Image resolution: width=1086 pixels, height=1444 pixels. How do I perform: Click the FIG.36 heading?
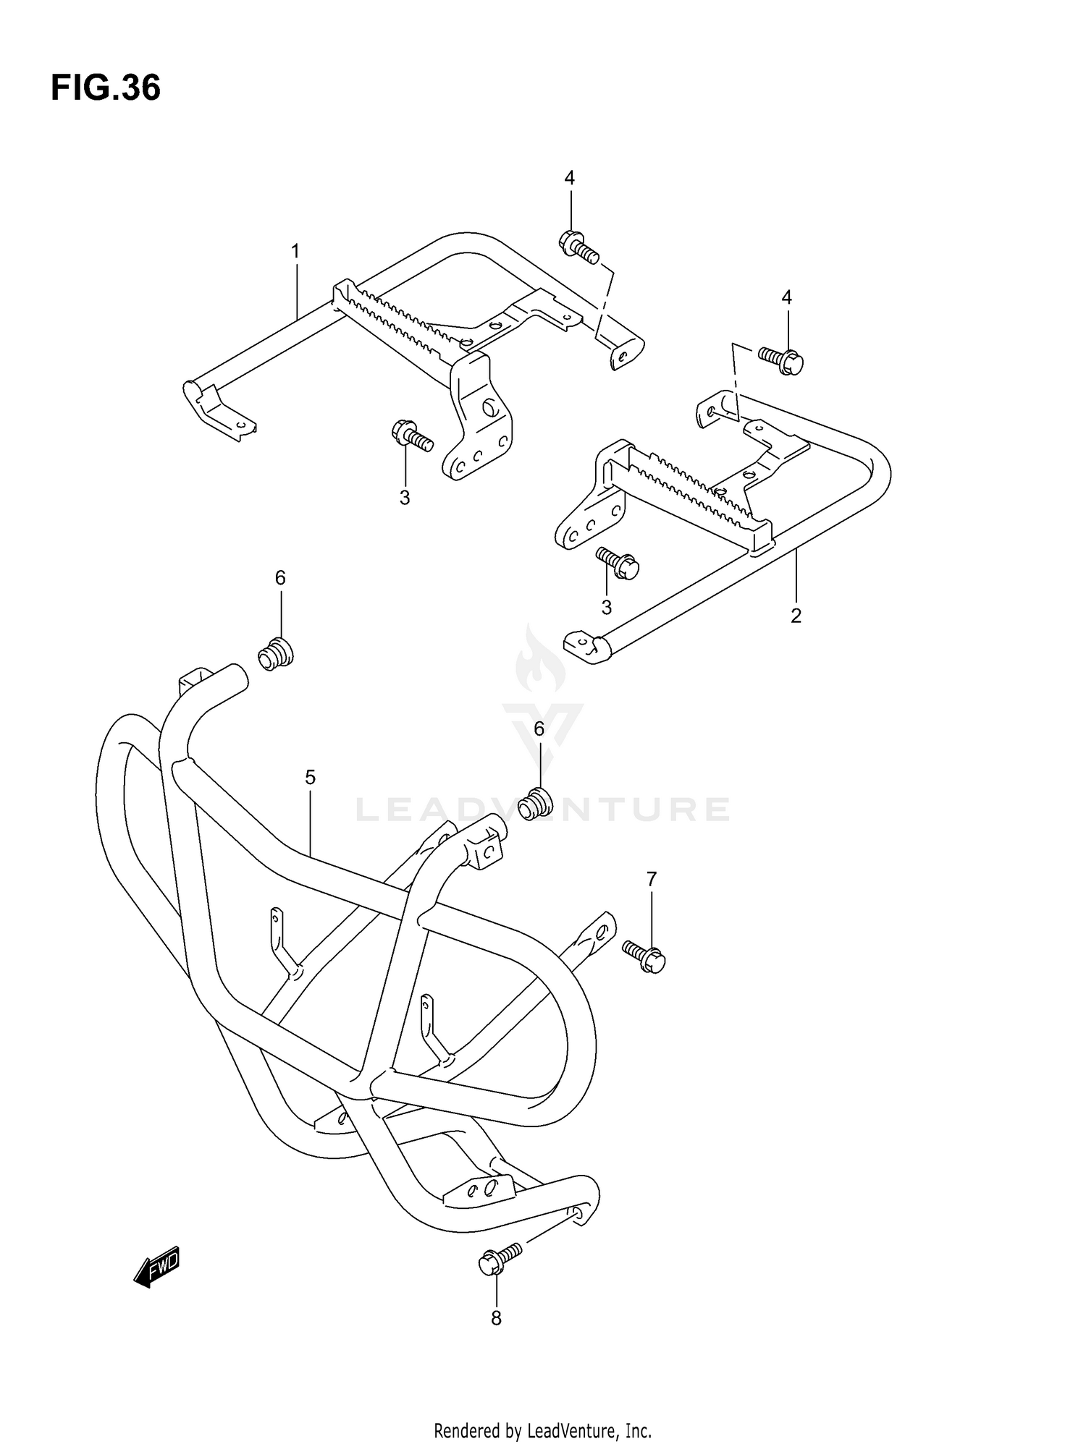tap(106, 88)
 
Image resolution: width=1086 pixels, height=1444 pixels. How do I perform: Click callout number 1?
tap(295, 251)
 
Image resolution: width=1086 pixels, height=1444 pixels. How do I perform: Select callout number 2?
tap(796, 616)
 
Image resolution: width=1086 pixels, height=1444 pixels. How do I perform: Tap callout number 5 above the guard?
tap(310, 778)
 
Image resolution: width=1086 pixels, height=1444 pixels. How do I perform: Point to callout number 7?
tap(652, 879)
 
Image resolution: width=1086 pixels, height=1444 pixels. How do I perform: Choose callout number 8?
tap(496, 1318)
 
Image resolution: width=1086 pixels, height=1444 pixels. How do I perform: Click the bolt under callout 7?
tap(644, 956)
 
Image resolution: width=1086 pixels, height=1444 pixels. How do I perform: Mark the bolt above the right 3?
tap(618, 563)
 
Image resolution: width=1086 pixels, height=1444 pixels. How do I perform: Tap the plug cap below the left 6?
tap(276, 653)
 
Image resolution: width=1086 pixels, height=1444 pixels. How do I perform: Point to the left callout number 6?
tap(280, 577)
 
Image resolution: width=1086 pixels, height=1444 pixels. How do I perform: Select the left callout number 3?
tap(405, 498)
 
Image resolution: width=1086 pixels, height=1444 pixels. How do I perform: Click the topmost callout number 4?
tap(570, 177)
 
